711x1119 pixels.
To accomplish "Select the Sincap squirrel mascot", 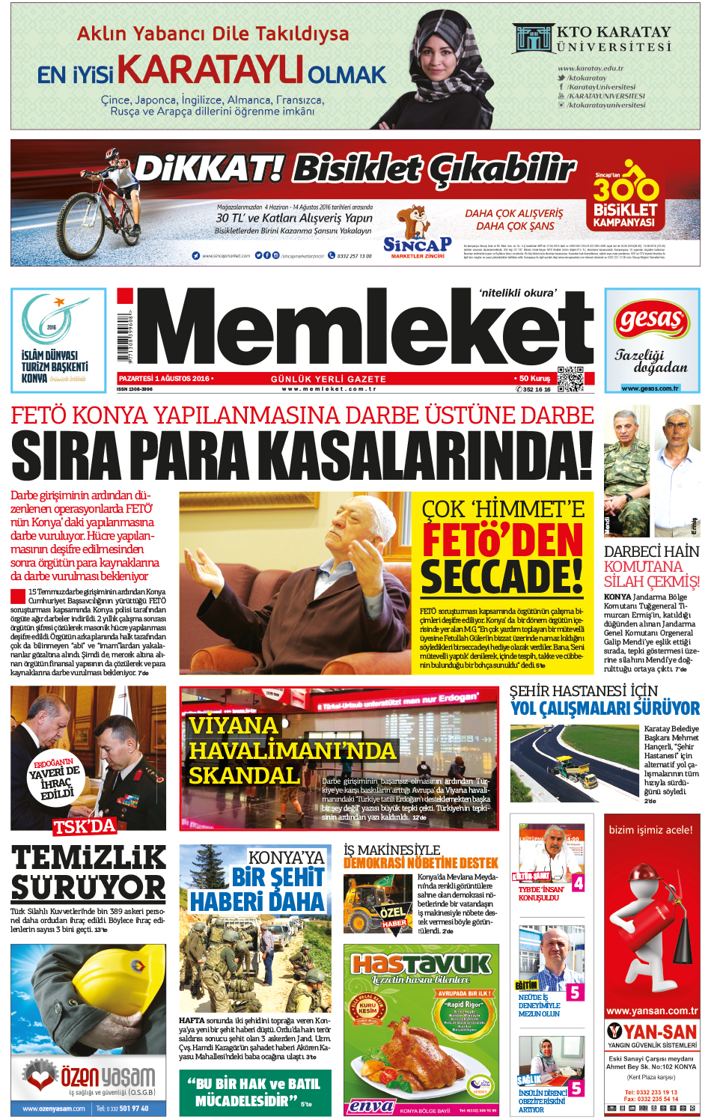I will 414,222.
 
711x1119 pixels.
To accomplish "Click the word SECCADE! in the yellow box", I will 502,577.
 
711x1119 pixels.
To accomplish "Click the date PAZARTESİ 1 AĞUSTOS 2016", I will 165,379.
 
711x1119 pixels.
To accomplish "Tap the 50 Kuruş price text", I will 534,379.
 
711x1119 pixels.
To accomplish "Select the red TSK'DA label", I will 85,826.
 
